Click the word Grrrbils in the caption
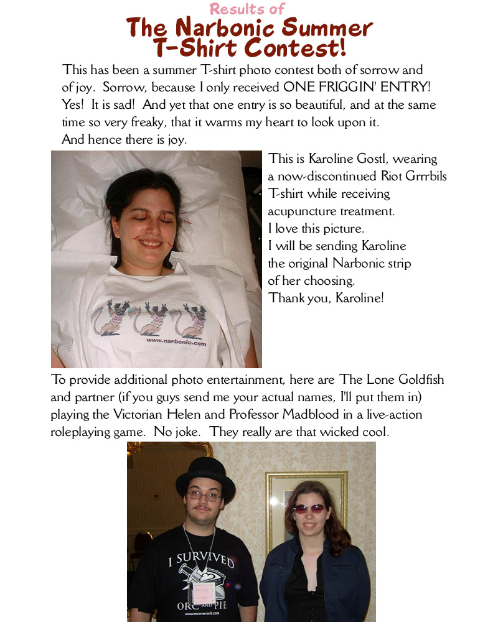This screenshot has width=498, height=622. (x=423, y=177)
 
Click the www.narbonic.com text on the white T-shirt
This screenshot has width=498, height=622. (x=176, y=341)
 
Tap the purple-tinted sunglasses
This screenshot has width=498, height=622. (x=309, y=508)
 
